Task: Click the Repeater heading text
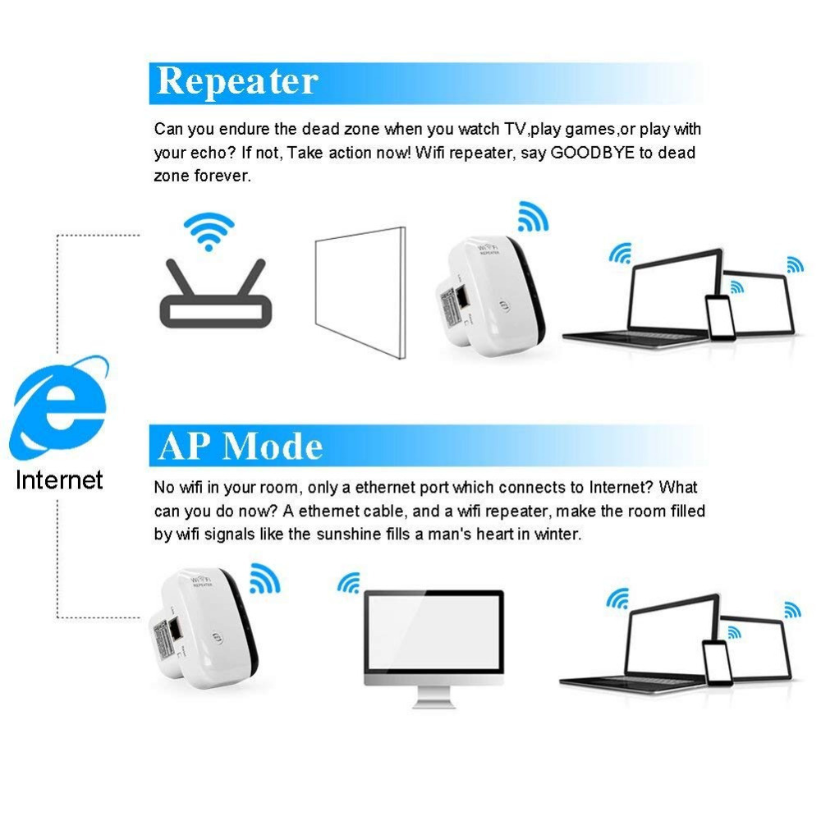pos(237,82)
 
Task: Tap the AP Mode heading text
pos(241,446)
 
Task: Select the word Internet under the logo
pos(59,479)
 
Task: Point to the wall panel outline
pos(360,293)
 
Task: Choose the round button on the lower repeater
pos(218,638)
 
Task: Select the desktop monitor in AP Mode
pos(433,637)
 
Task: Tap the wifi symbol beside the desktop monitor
pos(349,584)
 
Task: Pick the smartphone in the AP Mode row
pos(717,661)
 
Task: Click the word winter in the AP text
pos(559,534)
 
